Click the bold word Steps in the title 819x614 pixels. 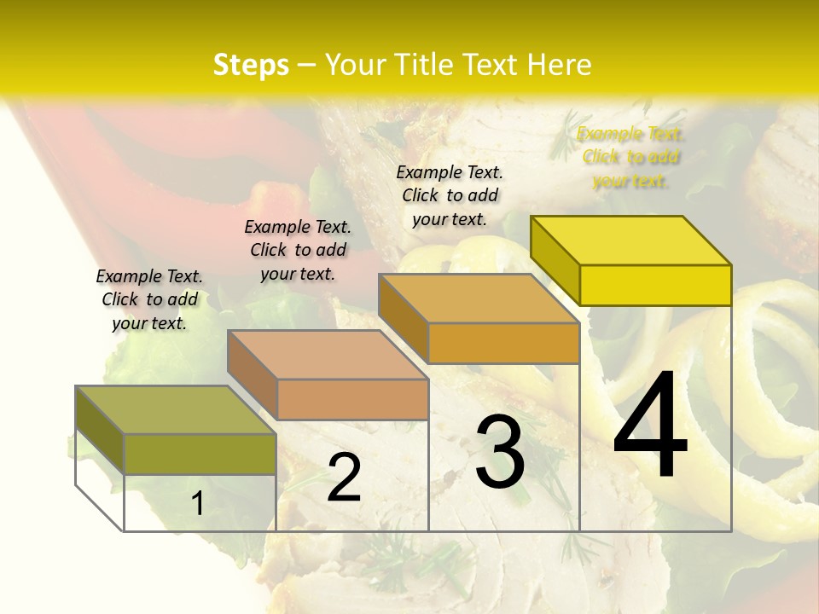(251, 65)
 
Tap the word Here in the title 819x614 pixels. (559, 65)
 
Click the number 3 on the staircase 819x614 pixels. (500, 452)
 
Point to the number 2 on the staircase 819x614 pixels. (344, 478)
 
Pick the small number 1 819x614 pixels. (197, 503)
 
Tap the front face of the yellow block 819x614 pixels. (655, 285)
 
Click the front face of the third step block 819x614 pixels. (503, 343)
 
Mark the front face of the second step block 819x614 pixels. (352, 399)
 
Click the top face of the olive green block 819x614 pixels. (176, 410)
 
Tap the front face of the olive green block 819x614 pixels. (200, 454)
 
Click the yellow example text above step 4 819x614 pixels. (630, 157)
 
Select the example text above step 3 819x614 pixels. (450, 195)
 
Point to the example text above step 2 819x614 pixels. (298, 250)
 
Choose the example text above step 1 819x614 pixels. (149, 299)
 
